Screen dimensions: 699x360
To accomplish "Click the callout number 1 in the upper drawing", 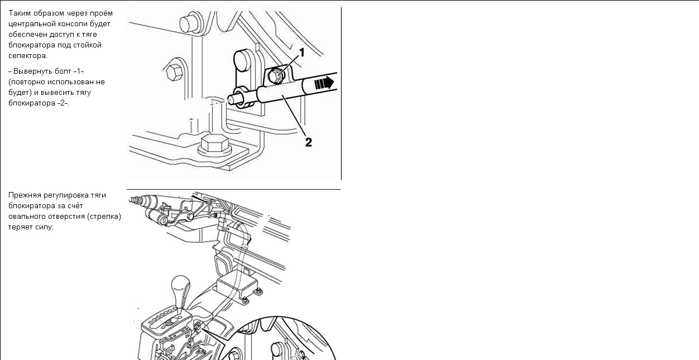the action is [x=301, y=52].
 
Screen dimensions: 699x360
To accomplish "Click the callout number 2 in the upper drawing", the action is [x=308, y=142].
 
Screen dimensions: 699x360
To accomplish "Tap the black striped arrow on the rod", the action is [x=324, y=83].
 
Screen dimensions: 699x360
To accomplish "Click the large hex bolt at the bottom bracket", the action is [x=215, y=144].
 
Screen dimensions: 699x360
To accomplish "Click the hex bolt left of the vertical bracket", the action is [x=174, y=73].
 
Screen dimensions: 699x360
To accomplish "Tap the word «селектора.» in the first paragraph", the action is [x=28, y=56].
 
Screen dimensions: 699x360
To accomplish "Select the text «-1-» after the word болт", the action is [x=79, y=71].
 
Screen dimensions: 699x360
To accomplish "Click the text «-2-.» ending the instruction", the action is [x=63, y=103].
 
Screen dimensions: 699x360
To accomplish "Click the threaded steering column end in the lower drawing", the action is [x=136, y=200].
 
